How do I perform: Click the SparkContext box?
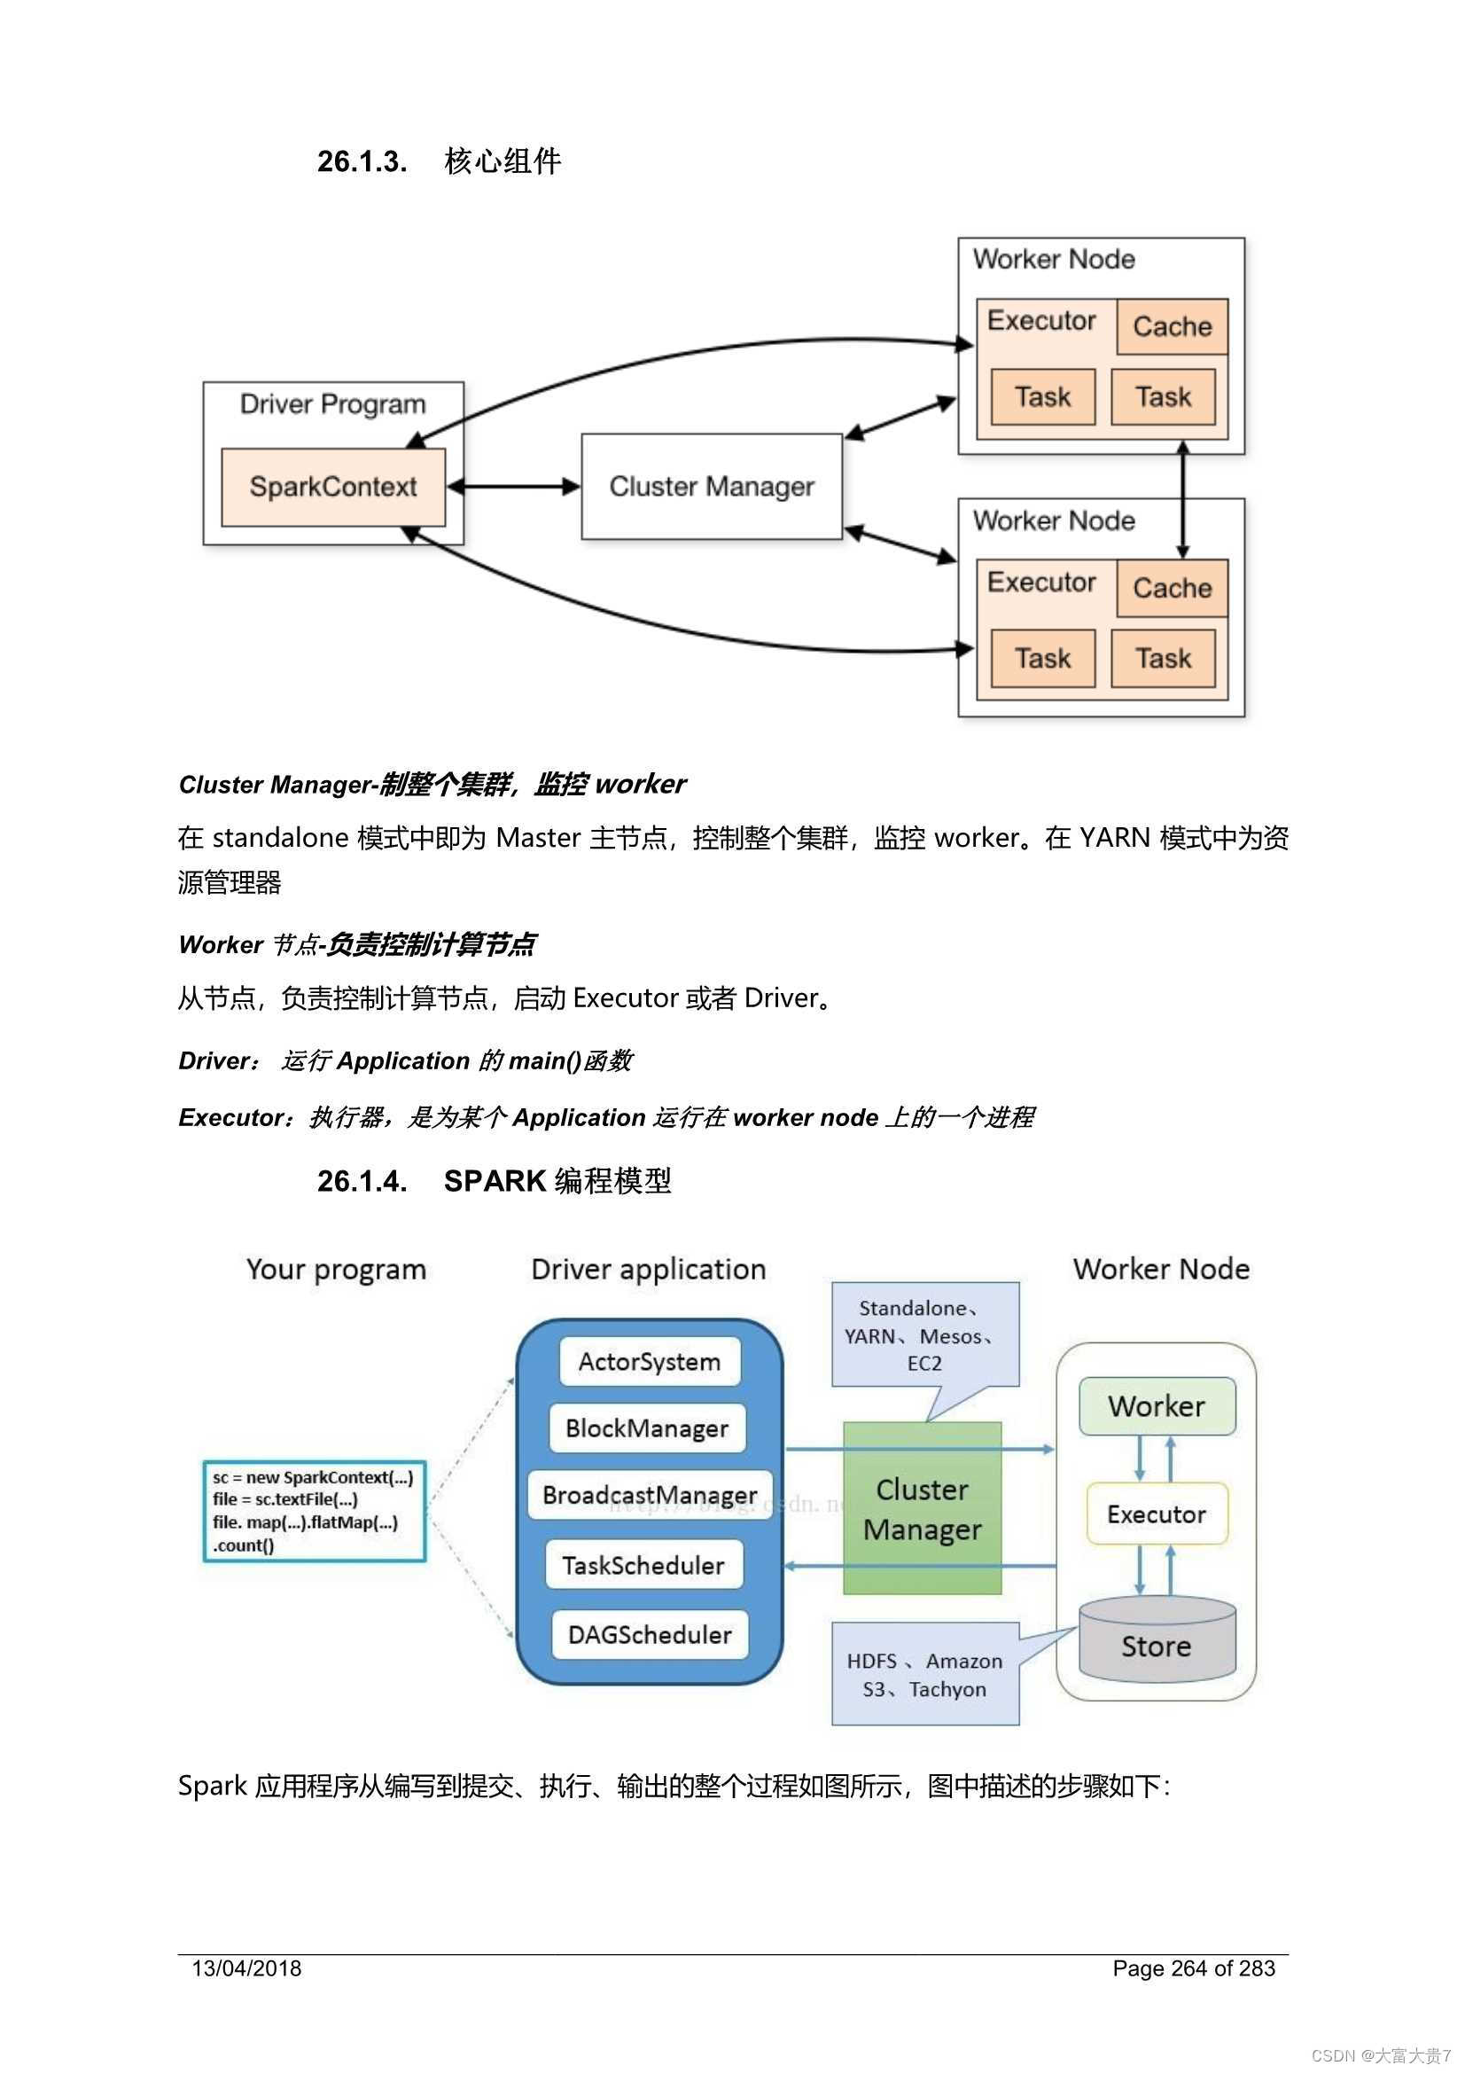(x=333, y=487)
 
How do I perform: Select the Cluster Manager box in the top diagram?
(x=712, y=487)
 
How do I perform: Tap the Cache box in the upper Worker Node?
(x=1172, y=326)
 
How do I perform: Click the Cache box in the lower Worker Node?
(x=1172, y=588)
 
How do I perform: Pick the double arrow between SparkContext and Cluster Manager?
(x=512, y=487)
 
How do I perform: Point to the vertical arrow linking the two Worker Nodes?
(x=1182, y=499)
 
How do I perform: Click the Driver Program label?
(x=333, y=403)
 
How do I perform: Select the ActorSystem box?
(x=649, y=1362)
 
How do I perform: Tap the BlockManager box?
(x=647, y=1428)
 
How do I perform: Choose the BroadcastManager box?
(x=649, y=1495)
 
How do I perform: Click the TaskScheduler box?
(x=643, y=1565)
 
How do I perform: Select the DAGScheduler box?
(x=650, y=1634)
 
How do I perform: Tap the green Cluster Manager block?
(x=922, y=1509)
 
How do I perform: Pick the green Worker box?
(x=1157, y=1405)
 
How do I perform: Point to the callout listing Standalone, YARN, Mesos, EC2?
(x=924, y=1334)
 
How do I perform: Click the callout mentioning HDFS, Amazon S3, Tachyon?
(x=924, y=1675)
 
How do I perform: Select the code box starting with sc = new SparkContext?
(x=314, y=1511)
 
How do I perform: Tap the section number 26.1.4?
(x=362, y=1180)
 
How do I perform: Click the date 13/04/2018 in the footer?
(x=246, y=1968)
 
